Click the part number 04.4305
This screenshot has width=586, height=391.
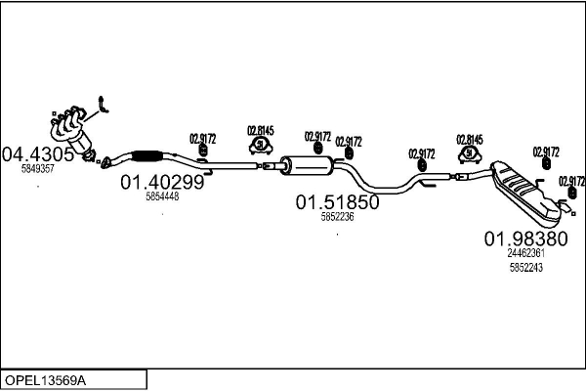38,153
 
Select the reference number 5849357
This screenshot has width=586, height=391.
38,169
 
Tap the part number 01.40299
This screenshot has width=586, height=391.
162,181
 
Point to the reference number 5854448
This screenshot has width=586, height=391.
162,196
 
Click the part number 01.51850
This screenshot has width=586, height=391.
338,202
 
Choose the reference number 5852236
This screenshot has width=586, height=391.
337,217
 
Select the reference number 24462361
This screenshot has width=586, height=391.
525,252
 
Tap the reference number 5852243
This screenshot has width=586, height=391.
525,267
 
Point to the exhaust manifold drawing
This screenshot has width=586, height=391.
70,129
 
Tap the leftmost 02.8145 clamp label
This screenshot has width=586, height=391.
261,131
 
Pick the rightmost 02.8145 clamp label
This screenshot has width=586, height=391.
471,139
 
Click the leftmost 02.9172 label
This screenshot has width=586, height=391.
201,139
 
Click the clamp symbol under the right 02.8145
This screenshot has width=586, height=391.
471,153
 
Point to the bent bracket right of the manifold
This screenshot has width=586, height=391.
105,104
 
